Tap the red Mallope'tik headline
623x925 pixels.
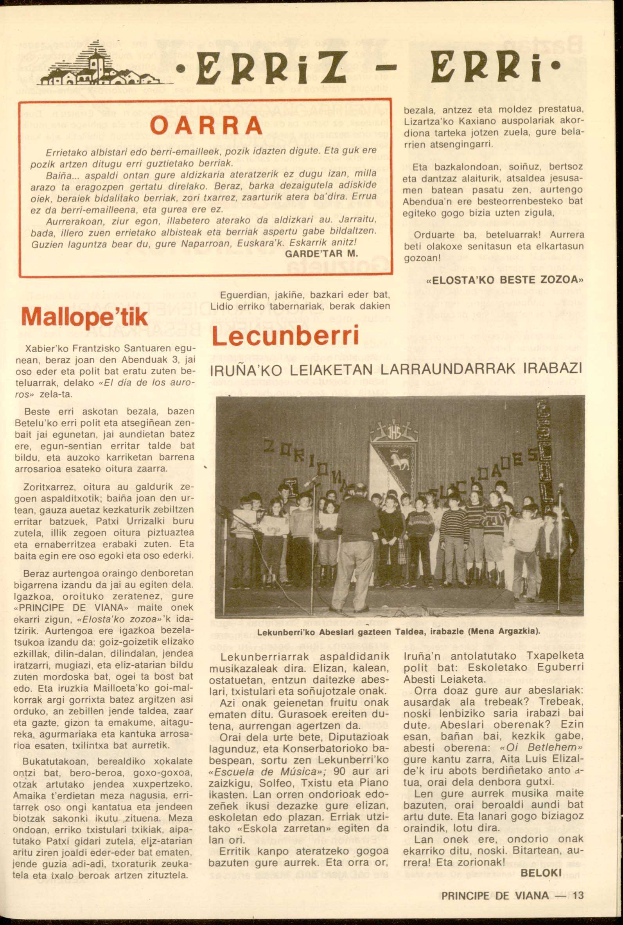point(84,317)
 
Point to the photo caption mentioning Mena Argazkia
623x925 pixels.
point(397,631)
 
